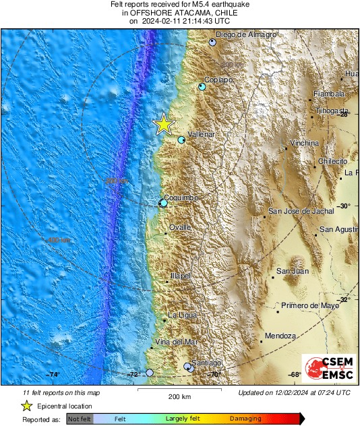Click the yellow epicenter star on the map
(163, 124)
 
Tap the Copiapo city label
(218, 80)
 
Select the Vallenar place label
(201, 135)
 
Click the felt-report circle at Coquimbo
(163, 203)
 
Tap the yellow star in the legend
(26, 406)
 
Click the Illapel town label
(180, 276)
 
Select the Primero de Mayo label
(310, 305)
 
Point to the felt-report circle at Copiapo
(202, 87)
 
